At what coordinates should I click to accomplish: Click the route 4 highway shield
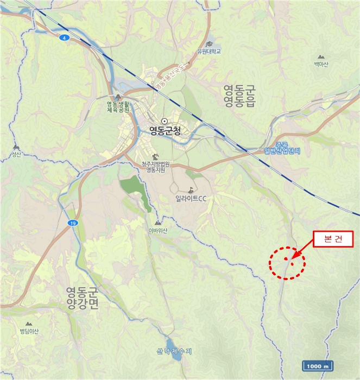64,37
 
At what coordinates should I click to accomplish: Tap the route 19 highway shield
72,223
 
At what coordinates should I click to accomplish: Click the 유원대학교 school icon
209,44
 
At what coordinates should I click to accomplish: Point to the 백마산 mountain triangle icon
321,56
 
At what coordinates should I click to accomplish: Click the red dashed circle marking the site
287,264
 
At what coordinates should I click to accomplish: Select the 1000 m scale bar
318,366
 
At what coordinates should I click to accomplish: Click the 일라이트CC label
191,199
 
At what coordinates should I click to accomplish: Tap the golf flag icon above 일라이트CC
191,190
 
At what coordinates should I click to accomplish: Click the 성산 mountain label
16,155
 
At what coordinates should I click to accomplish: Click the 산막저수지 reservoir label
171,351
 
